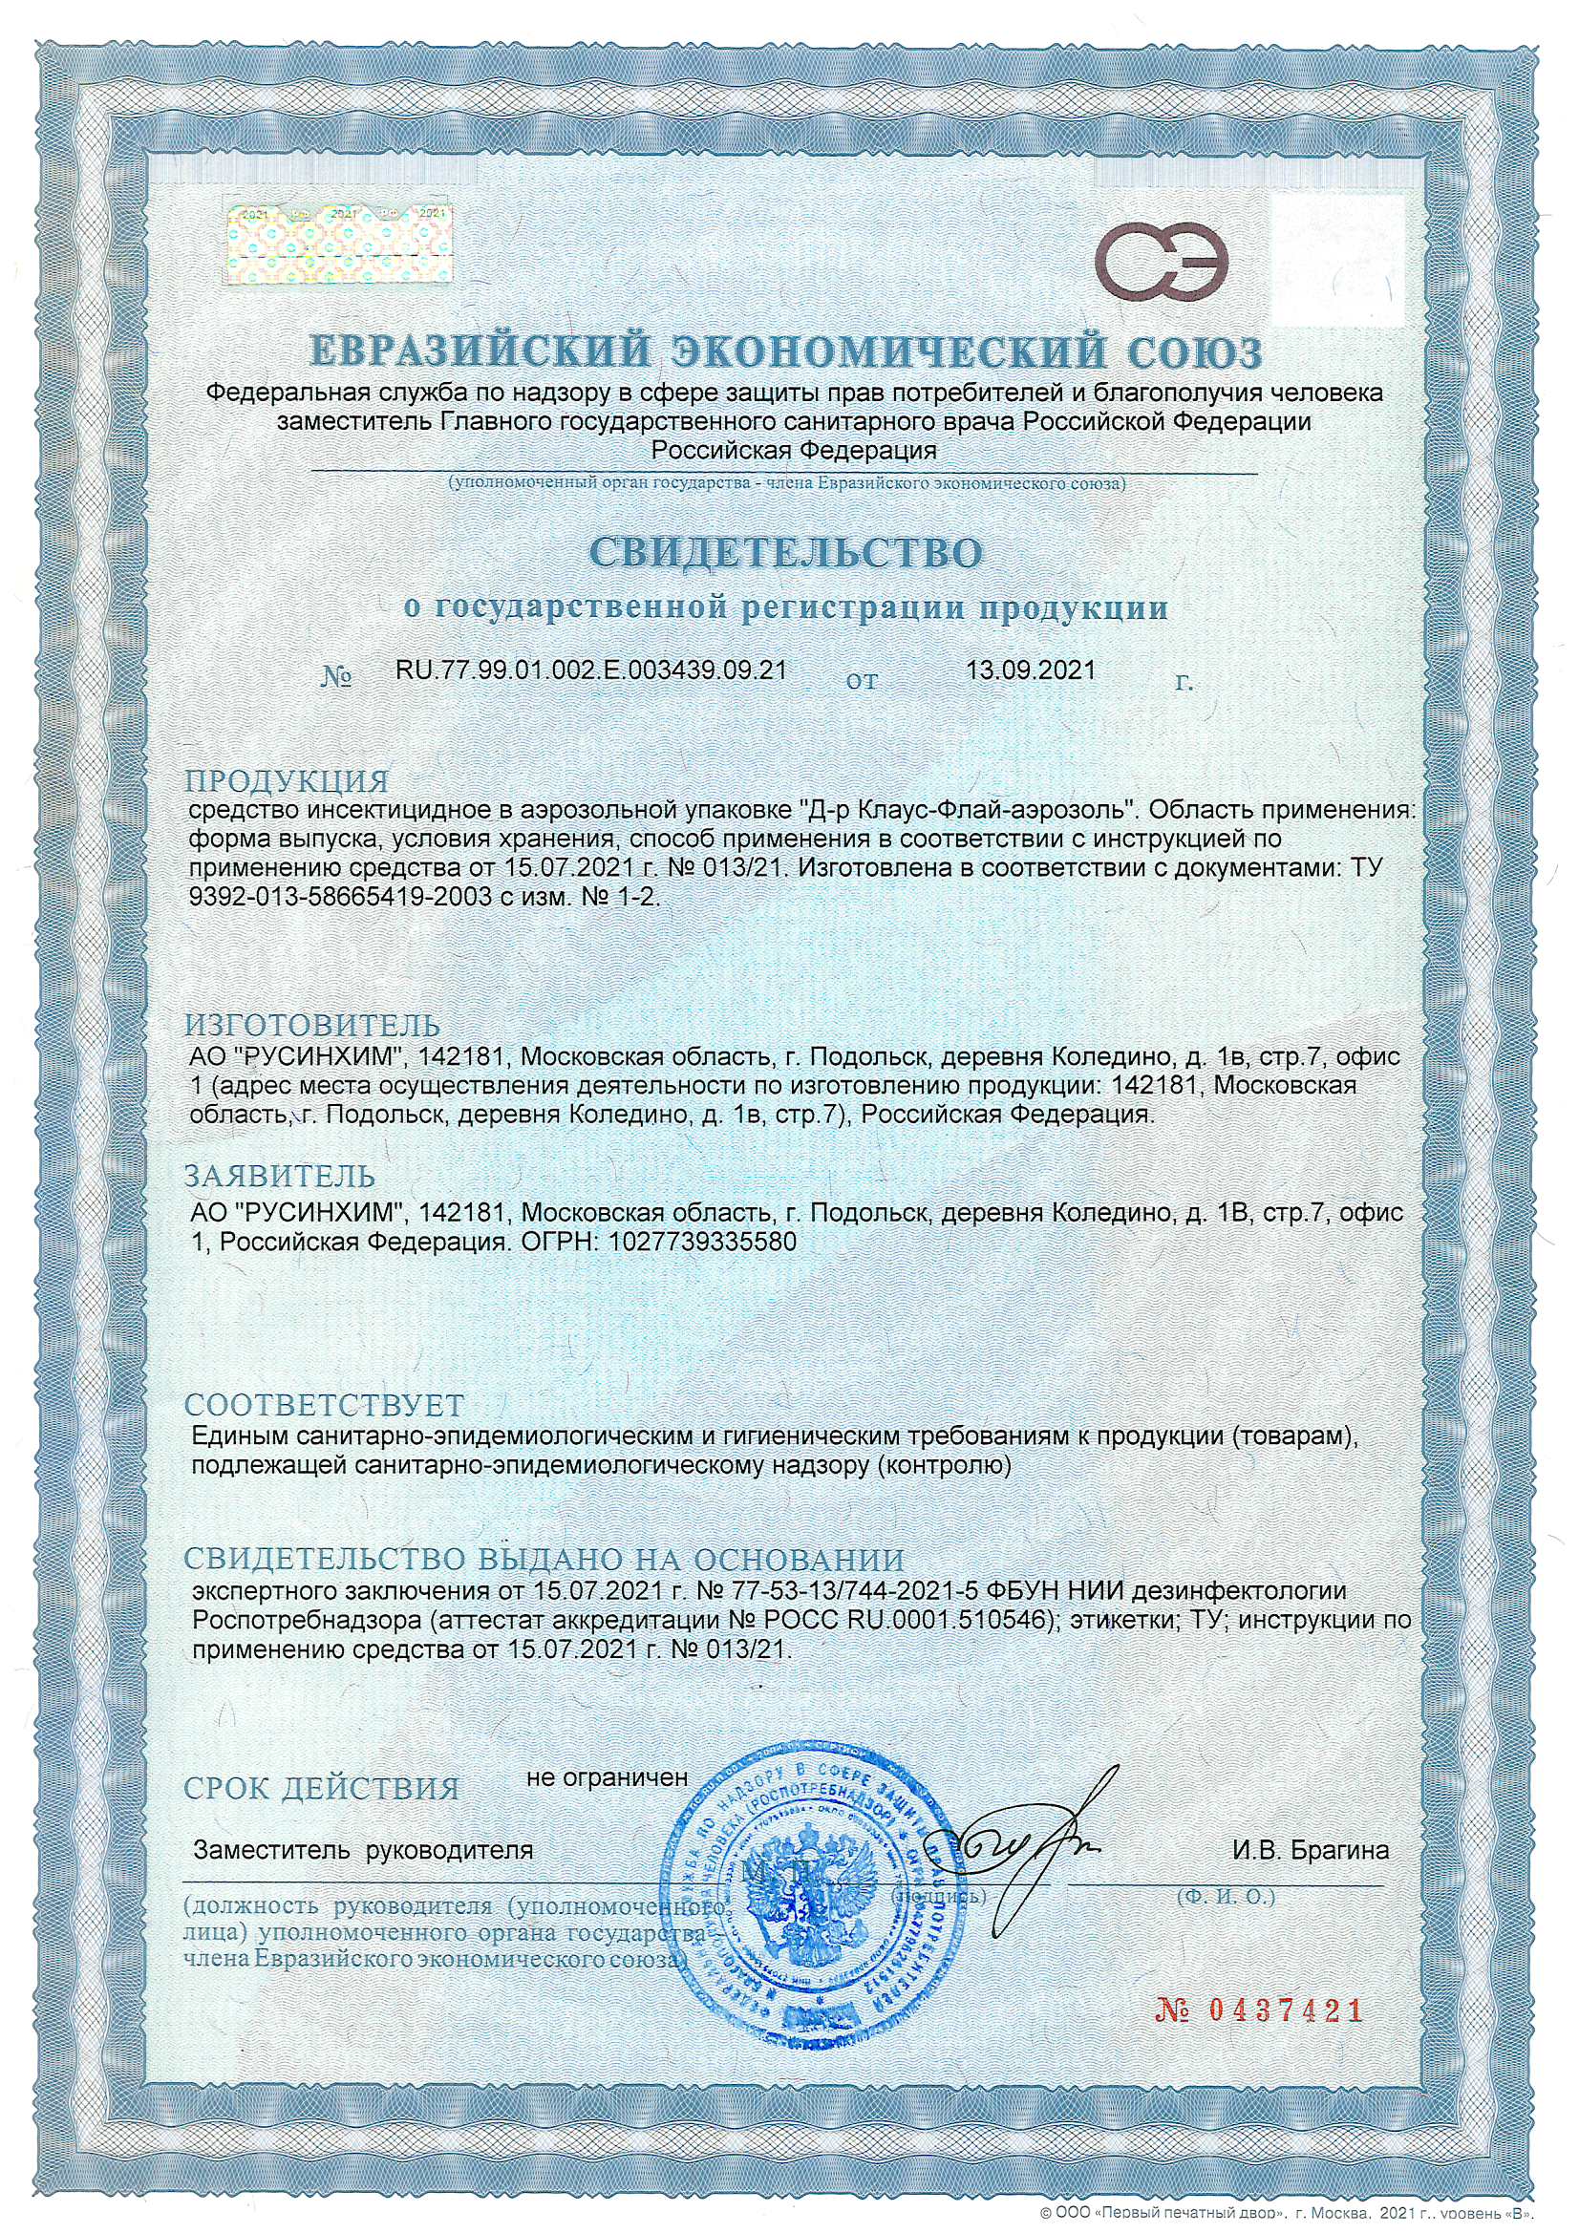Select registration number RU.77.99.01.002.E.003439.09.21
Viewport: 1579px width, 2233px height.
[590, 670]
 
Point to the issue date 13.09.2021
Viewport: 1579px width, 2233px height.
[1031, 670]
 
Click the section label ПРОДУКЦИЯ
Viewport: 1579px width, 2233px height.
[287, 781]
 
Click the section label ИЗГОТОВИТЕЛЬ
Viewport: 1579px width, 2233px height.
[312, 1025]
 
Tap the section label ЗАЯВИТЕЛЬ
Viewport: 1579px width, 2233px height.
[280, 1176]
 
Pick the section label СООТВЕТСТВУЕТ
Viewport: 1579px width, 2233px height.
[324, 1405]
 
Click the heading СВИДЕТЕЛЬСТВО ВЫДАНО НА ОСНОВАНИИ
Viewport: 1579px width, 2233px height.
[544, 1560]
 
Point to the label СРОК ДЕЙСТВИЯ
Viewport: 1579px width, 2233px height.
[321, 1789]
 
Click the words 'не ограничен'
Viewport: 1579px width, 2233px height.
[608, 1776]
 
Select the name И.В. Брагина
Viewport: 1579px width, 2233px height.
[1310, 1851]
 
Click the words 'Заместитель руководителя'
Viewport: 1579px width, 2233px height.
[364, 1850]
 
